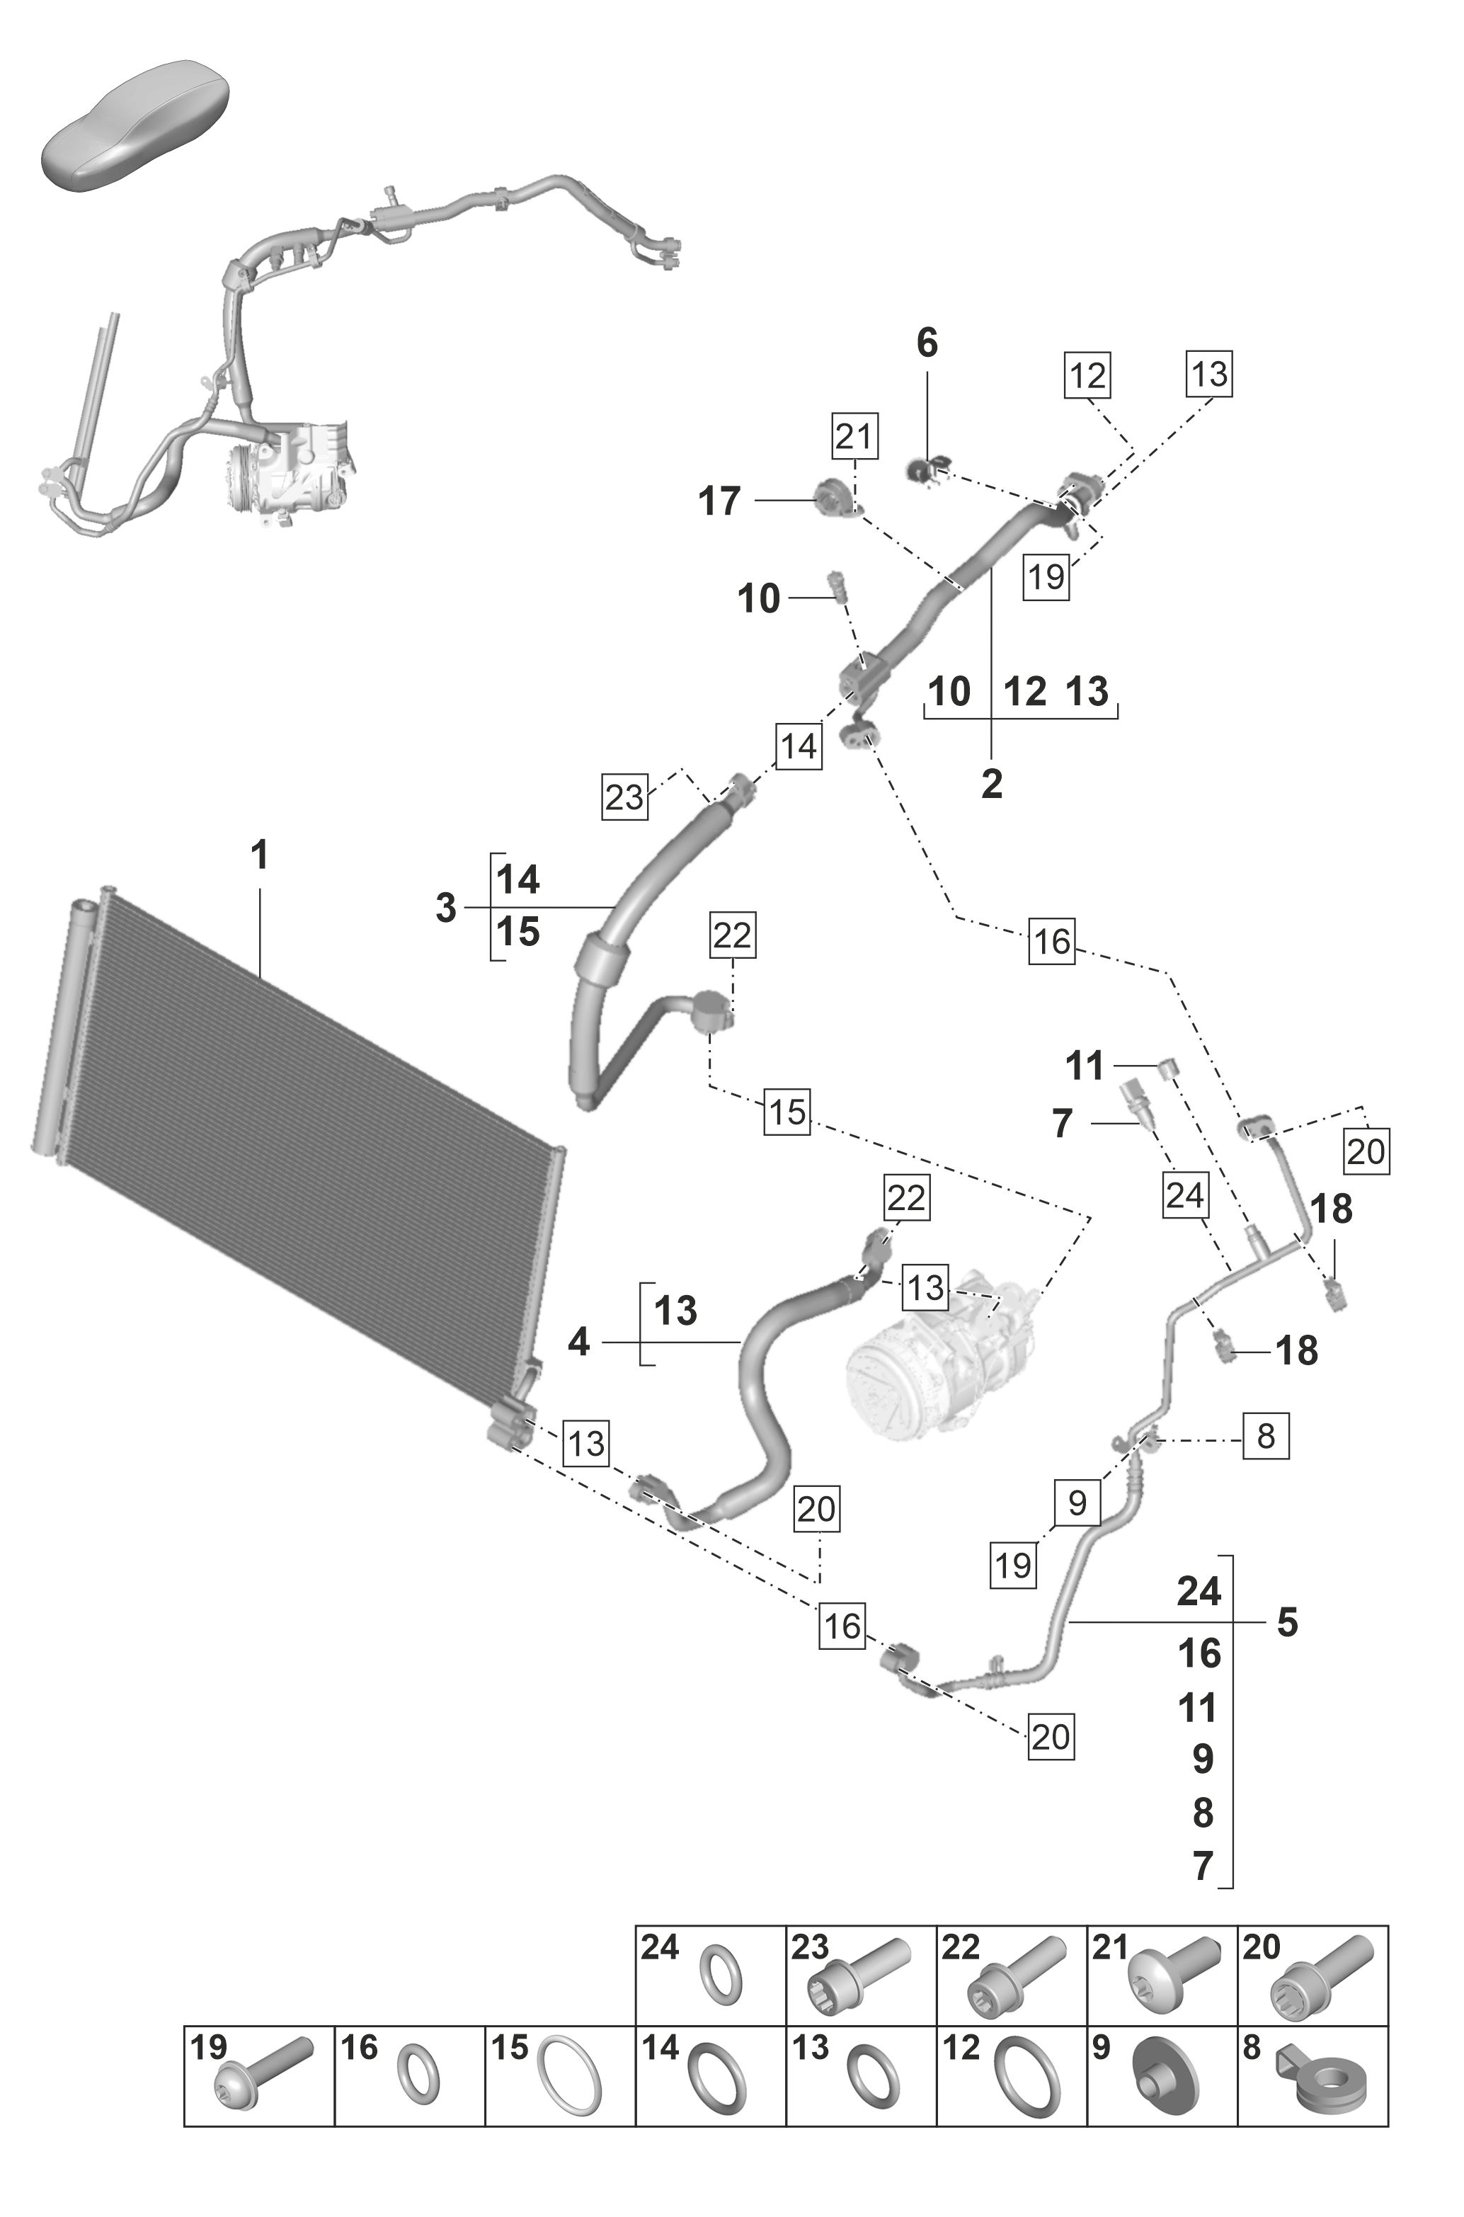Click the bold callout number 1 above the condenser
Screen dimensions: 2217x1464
click(x=260, y=855)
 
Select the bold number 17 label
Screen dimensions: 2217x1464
click(x=719, y=501)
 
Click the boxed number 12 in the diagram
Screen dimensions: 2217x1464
click(x=1087, y=375)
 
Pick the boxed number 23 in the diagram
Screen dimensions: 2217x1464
click(x=624, y=797)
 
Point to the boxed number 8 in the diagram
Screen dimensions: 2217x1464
click(x=1265, y=1435)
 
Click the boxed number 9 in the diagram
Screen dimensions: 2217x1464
click(x=1077, y=1503)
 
